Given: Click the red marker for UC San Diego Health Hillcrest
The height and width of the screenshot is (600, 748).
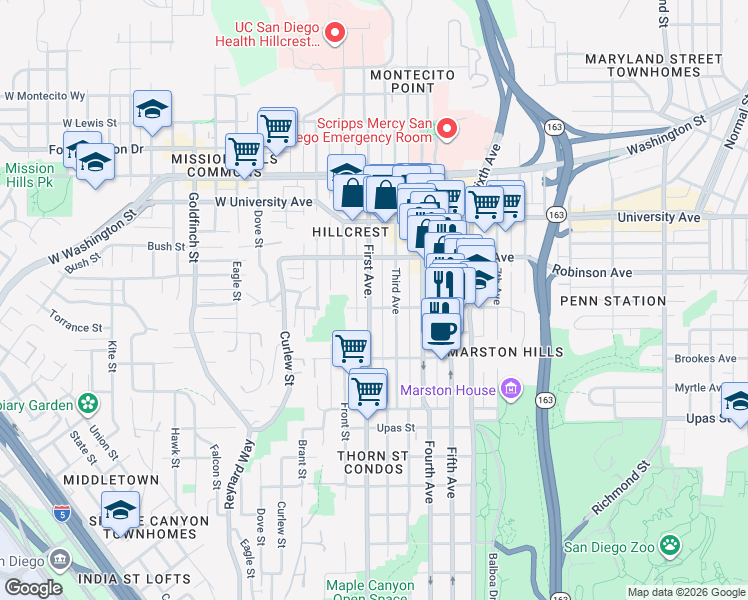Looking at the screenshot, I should point(335,33).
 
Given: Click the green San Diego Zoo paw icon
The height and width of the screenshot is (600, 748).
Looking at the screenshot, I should point(669,546).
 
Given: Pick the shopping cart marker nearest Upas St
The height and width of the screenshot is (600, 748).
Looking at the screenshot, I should point(368,389).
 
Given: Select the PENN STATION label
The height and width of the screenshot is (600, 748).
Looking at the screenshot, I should point(613,300).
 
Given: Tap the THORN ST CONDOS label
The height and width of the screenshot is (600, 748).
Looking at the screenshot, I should point(372,462).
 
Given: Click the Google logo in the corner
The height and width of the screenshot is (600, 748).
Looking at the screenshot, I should point(34,588).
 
